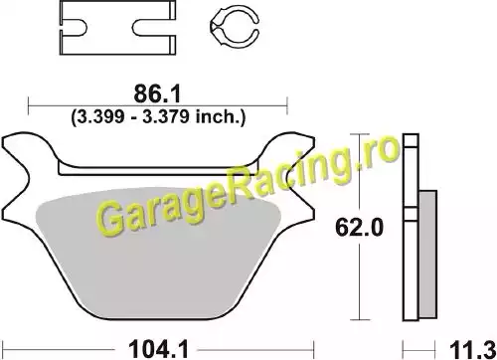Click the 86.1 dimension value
coord(157,93)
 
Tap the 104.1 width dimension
coord(158,349)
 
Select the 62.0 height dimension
coord(359,228)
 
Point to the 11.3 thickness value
coord(472,350)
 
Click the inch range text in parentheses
coord(158,116)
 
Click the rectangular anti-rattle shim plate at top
coord(117,28)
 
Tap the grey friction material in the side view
coord(427,255)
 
